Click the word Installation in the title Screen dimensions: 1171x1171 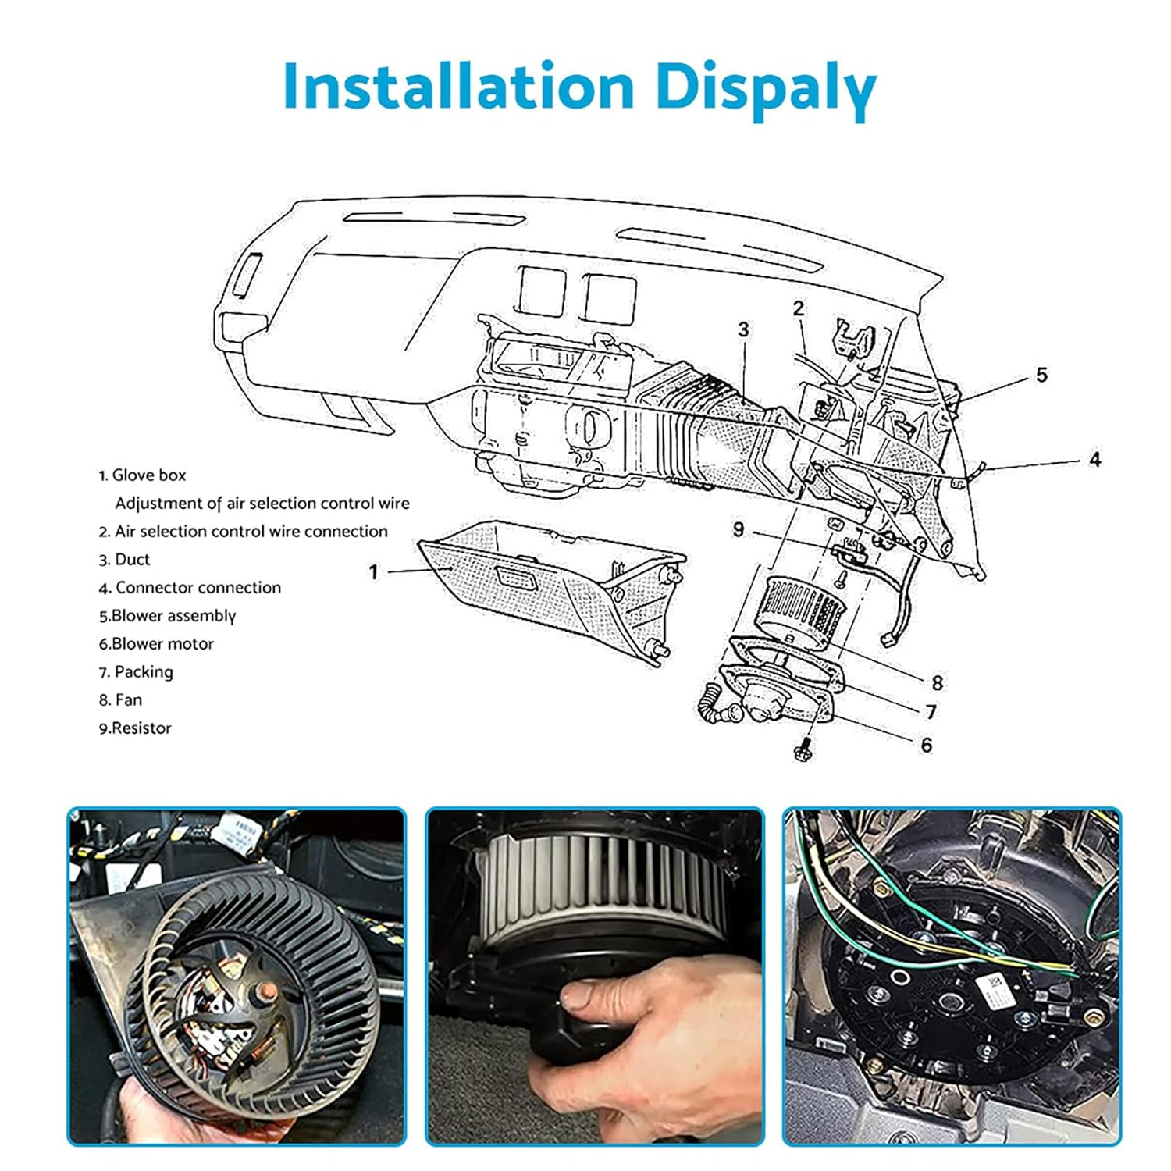(x=458, y=86)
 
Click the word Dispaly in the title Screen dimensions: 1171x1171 (x=766, y=87)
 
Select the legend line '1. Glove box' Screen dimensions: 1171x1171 (x=142, y=475)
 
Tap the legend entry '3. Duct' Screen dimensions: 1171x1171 (x=124, y=559)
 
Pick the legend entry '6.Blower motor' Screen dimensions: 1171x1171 (x=156, y=643)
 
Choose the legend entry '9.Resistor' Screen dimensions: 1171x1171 (x=134, y=728)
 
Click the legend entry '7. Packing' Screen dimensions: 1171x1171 (x=136, y=671)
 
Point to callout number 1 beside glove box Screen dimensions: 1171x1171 (x=373, y=572)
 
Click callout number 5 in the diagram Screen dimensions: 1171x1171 (x=1041, y=375)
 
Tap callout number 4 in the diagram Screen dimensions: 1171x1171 (x=1094, y=459)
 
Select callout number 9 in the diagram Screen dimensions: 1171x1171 (x=739, y=529)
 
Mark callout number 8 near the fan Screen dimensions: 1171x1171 (x=937, y=682)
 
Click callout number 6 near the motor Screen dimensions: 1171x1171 (x=926, y=745)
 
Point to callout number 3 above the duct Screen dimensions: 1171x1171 (x=743, y=329)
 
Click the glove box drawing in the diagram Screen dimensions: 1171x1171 (x=546, y=585)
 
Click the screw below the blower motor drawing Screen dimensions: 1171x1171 (x=803, y=751)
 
